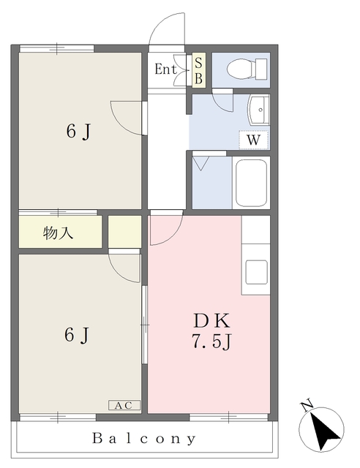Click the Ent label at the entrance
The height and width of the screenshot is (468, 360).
[165, 70]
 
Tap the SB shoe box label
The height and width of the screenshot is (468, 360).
[198, 69]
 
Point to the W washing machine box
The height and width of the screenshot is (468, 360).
[254, 139]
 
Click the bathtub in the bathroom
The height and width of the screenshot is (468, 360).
[250, 182]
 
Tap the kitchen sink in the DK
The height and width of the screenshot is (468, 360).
[257, 271]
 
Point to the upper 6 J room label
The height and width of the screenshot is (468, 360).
[78, 132]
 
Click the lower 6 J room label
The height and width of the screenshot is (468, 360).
[78, 335]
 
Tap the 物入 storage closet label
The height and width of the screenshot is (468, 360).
[59, 233]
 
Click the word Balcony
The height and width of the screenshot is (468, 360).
[144, 439]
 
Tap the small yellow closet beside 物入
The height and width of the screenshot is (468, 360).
[125, 232]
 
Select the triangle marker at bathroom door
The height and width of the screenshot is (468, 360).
[200, 162]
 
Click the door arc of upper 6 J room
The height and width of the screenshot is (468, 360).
[126, 118]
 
